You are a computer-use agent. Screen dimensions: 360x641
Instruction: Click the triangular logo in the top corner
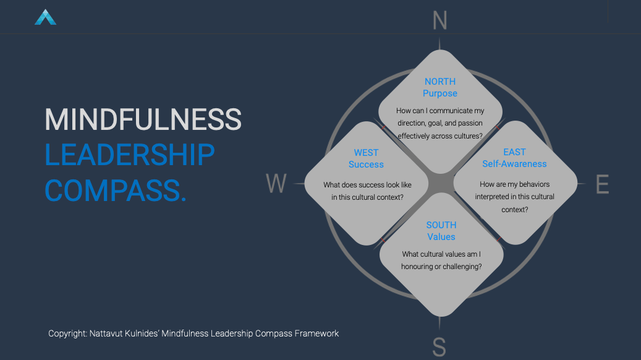pyautogui.click(x=45, y=17)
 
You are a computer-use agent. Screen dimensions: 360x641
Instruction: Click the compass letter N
pyautogui.click(x=439, y=20)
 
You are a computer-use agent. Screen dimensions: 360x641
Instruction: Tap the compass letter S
pyautogui.click(x=439, y=346)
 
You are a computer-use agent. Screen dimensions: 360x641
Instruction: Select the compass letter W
pyautogui.click(x=276, y=184)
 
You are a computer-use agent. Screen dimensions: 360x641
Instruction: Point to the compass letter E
pyautogui.click(x=602, y=184)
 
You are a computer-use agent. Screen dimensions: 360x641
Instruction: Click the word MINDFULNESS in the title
pyautogui.click(x=143, y=119)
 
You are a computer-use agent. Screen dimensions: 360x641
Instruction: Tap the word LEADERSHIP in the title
pyautogui.click(x=130, y=155)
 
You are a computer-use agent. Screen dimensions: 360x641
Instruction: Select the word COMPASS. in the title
pyautogui.click(x=116, y=190)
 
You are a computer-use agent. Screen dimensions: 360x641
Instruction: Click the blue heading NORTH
pyautogui.click(x=440, y=82)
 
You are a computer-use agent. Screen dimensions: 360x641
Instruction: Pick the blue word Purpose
pyautogui.click(x=440, y=93)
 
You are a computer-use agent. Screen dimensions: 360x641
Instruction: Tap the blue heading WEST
pyautogui.click(x=366, y=153)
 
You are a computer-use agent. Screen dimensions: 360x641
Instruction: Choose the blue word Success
pyautogui.click(x=366, y=165)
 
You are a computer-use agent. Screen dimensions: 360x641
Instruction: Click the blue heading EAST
pyautogui.click(x=514, y=152)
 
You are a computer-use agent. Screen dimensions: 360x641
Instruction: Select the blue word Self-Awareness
pyautogui.click(x=514, y=164)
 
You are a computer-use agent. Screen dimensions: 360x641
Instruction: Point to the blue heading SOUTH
pyautogui.click(x=441, y=225)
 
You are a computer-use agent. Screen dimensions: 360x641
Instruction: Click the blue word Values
pyautogui.click(x=441, y=237)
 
